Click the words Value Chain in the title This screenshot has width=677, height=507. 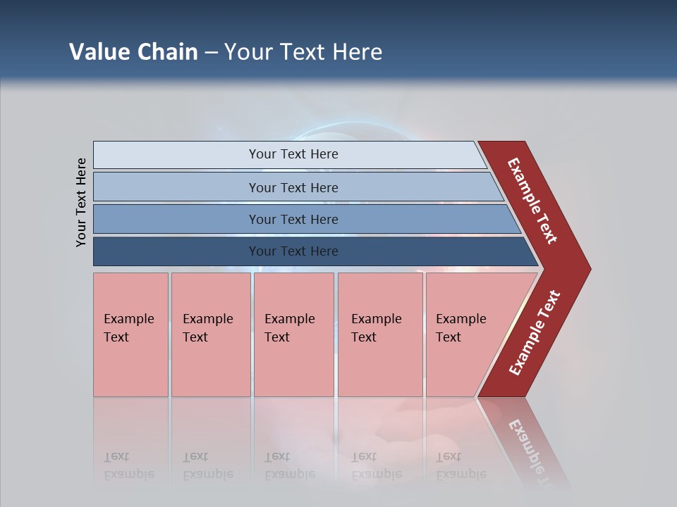point(133,52)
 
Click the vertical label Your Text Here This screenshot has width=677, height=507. point(81,202)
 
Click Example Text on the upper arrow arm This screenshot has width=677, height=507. point(532,201)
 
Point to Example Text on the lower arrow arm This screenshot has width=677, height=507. point(535,333)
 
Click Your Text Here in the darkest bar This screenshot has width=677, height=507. point(293,251)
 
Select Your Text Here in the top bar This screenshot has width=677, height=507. point(293,154)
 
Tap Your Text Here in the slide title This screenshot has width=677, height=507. point(303,52)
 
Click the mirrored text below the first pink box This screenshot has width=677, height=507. point(128,465)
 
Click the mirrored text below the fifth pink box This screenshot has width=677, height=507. point(461,465)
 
